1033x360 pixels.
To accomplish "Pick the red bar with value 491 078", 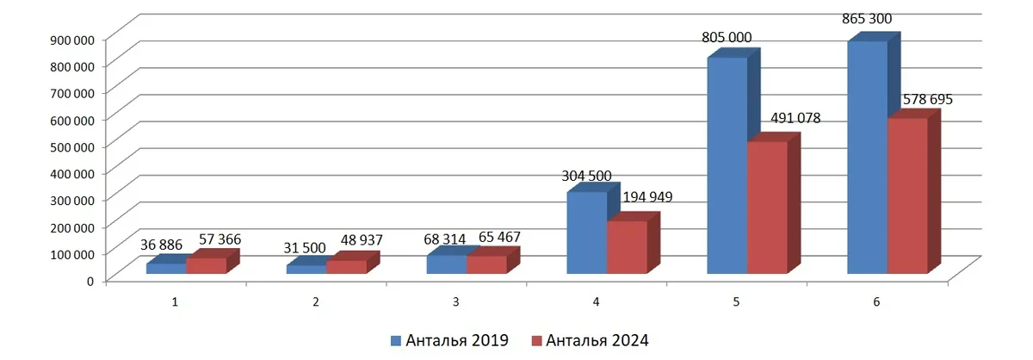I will pos(767,208).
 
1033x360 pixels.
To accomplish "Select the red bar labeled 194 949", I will pos(627,247).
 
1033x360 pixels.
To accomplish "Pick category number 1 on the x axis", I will pos(176,302).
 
